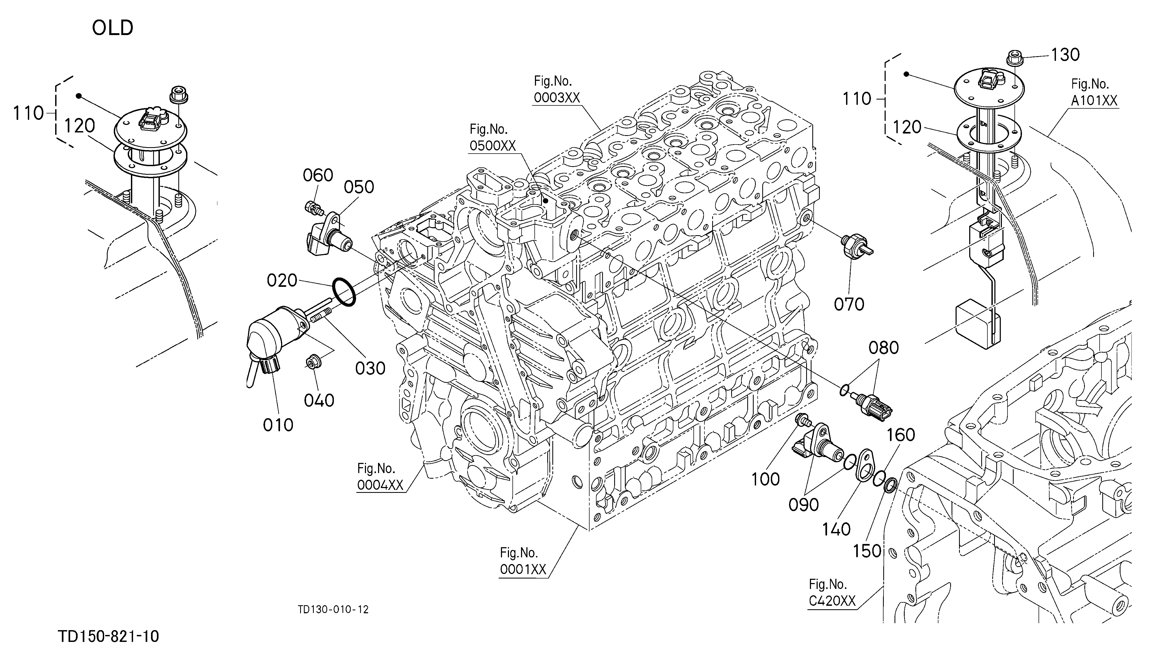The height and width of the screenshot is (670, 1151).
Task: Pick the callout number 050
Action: tap(359, 187)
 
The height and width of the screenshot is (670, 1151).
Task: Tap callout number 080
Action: tap(884, 348)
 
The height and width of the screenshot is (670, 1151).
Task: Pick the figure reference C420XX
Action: tap(832, 601)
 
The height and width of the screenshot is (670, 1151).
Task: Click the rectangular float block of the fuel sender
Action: tap(976, 323)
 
